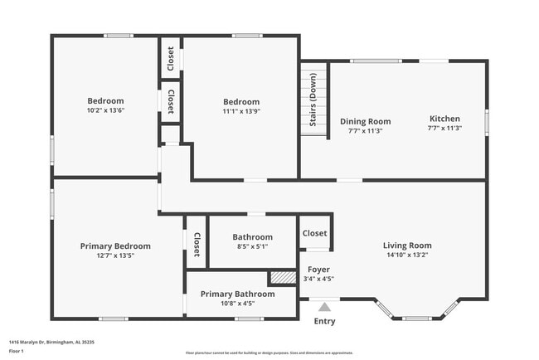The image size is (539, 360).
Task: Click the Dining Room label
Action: coord(365,121)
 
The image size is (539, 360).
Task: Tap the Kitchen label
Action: coord(444,119)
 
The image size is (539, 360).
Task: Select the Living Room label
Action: coord(407,245)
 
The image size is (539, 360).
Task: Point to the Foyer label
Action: coord(319,270)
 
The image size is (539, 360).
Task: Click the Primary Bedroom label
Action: coord(115,246)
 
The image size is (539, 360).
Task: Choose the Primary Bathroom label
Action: coord(237,294)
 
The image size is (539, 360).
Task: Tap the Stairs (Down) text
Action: coord(314,105)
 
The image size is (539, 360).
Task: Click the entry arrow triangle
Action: coord(324,307)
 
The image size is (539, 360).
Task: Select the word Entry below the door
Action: coord(324,322)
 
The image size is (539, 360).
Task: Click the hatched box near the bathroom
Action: coord(283,278)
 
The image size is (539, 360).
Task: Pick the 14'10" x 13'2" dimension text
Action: coord(407,255)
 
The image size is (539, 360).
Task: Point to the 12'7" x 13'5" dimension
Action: coord(115,256)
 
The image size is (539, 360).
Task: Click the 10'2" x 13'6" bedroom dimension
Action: coord(105,110)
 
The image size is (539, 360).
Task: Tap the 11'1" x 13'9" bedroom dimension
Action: coord(240,112)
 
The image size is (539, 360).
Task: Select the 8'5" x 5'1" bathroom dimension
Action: coord(252,246)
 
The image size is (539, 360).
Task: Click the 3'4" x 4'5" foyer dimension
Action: coord(319,279)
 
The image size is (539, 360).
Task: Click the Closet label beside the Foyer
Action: coord(314,234)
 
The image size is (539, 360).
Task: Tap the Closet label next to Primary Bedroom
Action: coord(197,244)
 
